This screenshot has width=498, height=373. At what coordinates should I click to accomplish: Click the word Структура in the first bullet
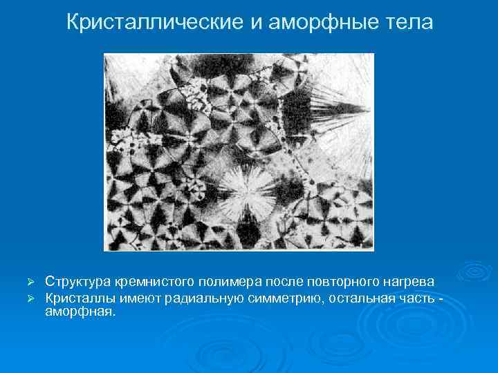click(80, 282)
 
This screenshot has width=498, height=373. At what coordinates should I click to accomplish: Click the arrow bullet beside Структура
click(30, 283)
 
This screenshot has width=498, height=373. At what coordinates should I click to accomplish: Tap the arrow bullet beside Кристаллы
click(30, 298)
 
